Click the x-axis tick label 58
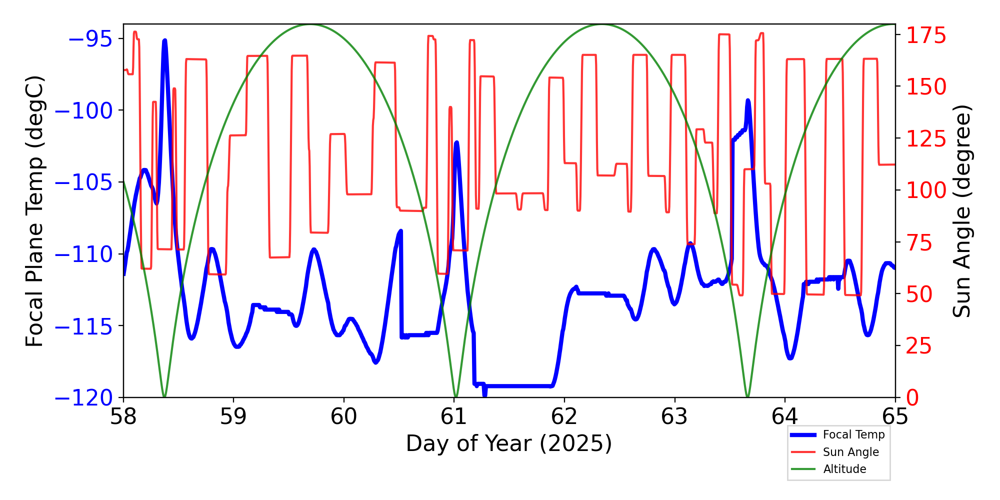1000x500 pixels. tap(123, 416)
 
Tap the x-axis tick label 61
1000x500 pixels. tap(454, 416)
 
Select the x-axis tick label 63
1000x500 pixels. tap(674, 416)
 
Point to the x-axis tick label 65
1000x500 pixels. tap(895, 416)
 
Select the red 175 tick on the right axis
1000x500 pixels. tap(926, 35)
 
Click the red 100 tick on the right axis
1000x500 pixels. tap(926, 190)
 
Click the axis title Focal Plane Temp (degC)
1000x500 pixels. tap(35, 211)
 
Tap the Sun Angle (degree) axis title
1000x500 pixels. tap(961, 211)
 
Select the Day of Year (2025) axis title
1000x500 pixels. tap(508, 443)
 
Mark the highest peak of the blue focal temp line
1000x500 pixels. tap(164, 40)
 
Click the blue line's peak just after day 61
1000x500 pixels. tap(456, 142)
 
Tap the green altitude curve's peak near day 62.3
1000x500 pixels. tap(602, 24)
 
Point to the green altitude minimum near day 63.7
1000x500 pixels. tap(747, 396)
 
